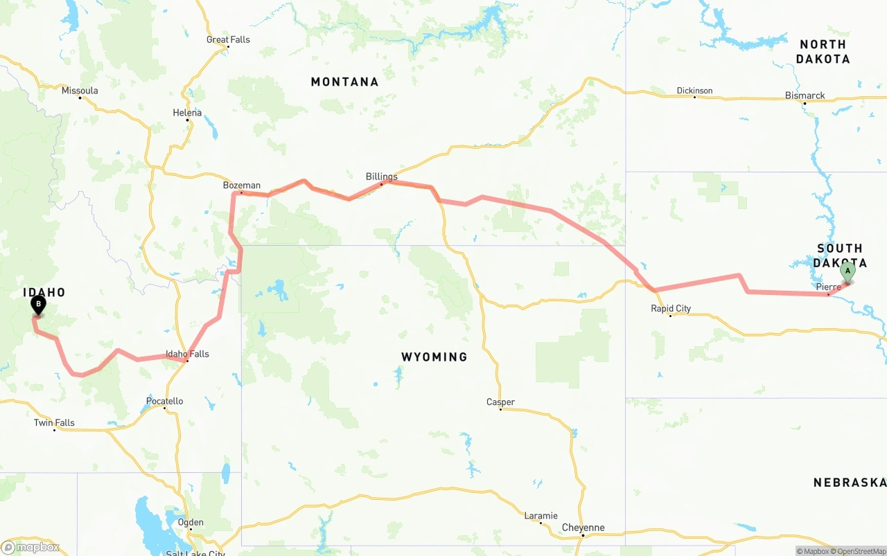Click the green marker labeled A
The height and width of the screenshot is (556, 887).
847,272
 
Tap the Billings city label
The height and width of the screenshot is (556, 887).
382,177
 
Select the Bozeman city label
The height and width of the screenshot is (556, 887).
242,185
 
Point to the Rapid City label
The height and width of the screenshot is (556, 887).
671,308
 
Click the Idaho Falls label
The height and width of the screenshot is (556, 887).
187,354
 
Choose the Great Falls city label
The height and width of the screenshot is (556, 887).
228,39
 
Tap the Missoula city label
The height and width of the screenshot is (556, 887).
80,91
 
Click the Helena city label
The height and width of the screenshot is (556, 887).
187,113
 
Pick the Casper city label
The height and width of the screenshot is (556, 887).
500,402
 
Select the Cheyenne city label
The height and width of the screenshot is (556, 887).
583,528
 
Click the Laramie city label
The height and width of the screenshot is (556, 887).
541,515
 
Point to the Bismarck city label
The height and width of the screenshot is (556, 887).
805,96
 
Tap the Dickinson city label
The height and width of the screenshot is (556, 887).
694,91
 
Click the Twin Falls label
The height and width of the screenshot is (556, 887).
54,422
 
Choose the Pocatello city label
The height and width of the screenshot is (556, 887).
165,401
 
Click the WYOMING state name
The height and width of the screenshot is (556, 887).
434,357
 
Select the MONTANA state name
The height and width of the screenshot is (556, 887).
344,82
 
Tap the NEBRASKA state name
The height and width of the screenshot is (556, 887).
850,482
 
